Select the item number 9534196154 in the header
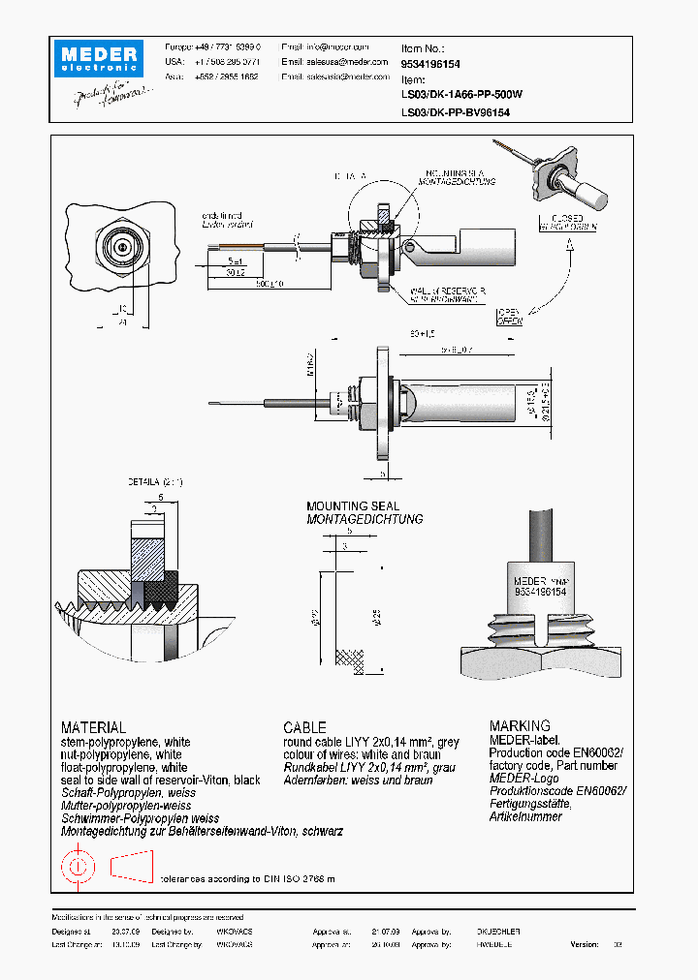click(x=430, y=64)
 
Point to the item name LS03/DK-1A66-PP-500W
click(x=461, y=95)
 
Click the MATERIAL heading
click(x=93, y=727)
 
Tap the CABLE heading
click(x=304, y=727)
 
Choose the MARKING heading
click(x=520, y=725)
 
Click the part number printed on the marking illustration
click(x=540, y=590)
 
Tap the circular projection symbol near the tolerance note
click(x=78, y=865)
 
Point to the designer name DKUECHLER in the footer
click(x=498, y=931)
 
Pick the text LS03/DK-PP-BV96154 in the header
click(x=456, y=112)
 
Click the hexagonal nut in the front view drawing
click(x=123, y=248)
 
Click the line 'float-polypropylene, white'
click(x=124, y=767)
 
